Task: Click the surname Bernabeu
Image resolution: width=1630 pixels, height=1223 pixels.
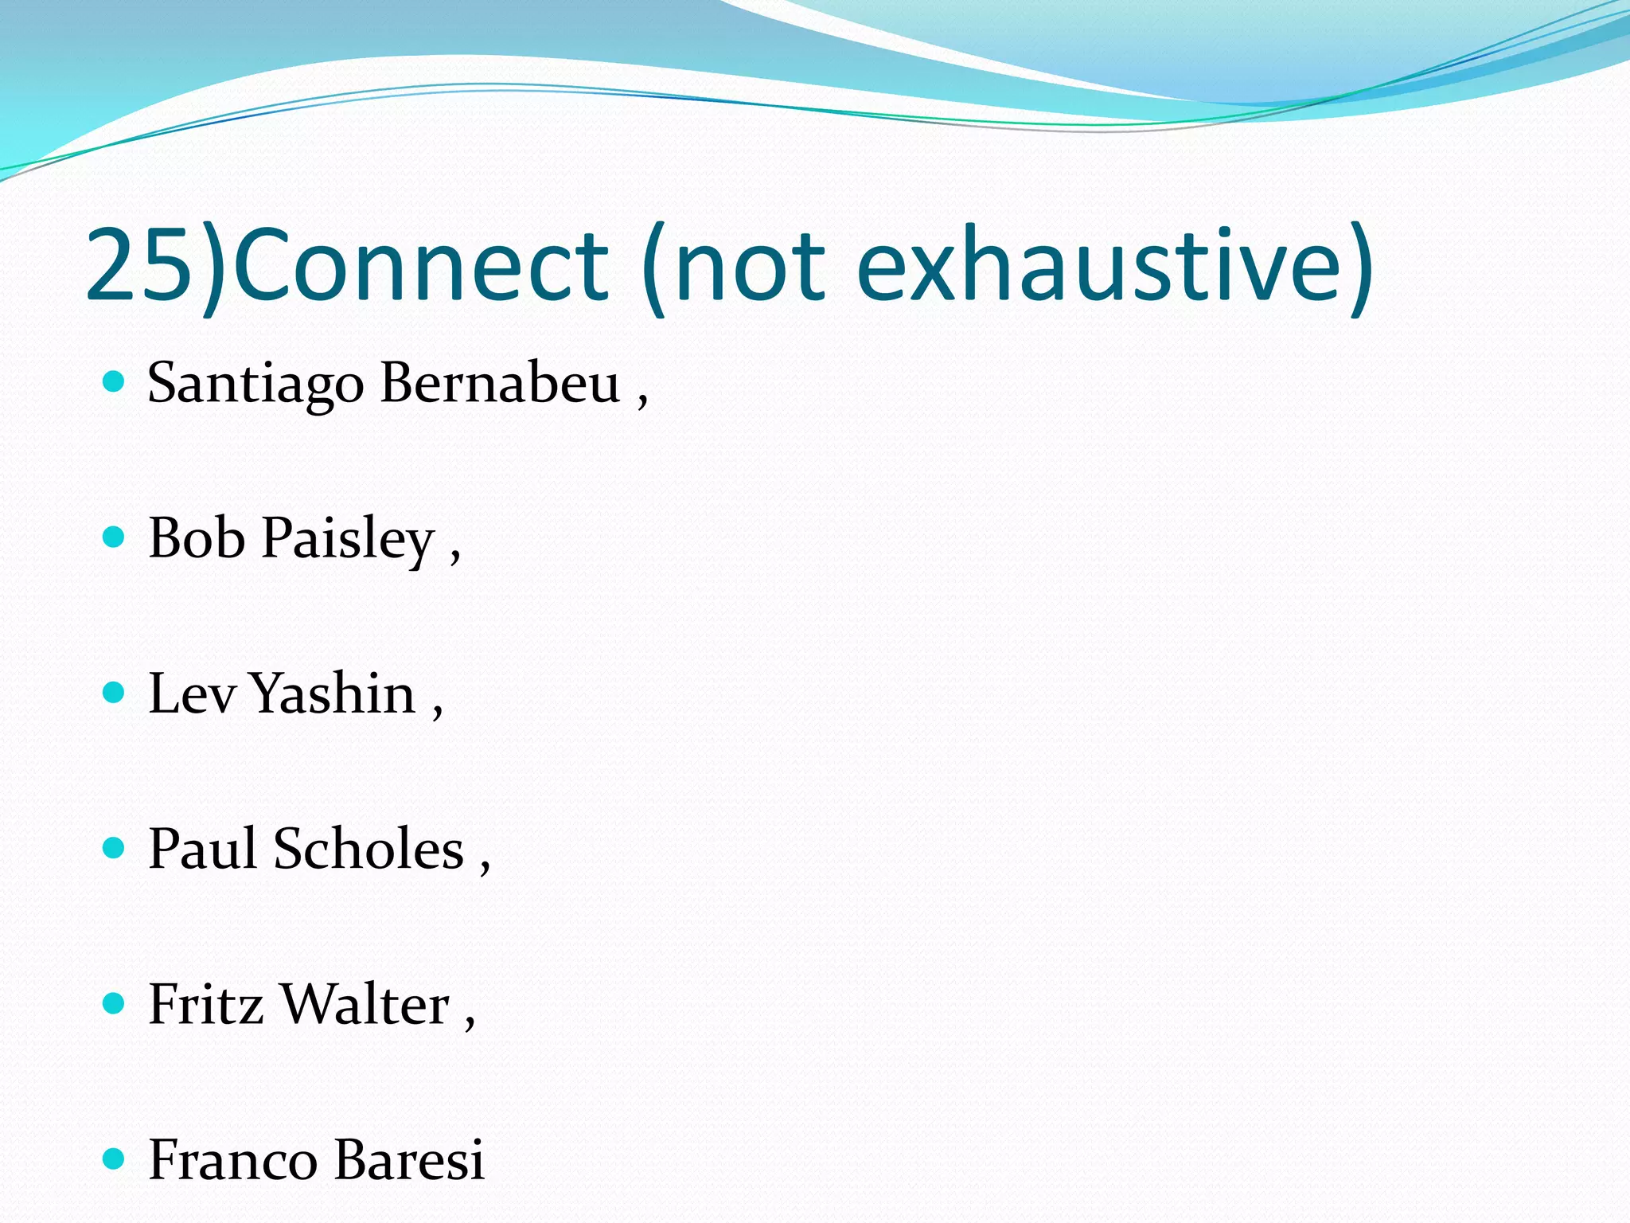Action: (x=500, y=383)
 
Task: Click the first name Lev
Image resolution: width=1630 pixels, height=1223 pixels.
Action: (x=191, y=694)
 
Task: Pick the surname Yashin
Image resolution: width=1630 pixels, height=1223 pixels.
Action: (x=333, y=694)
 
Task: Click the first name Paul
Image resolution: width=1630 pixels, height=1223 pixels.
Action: (x=202, y=849)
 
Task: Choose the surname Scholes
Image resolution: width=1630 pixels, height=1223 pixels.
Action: (x=369, y=849)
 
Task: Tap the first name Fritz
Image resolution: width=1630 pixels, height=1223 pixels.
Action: (x=205, y=1004)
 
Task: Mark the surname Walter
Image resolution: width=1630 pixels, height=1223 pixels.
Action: (x=366, y=1004)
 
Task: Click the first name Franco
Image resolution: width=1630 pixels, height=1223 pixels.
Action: (x=232, y=1160)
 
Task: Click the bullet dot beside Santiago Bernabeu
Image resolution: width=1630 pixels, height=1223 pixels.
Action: (x=115, y=382)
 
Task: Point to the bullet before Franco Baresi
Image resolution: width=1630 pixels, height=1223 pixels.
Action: (x=115, y=1159)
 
